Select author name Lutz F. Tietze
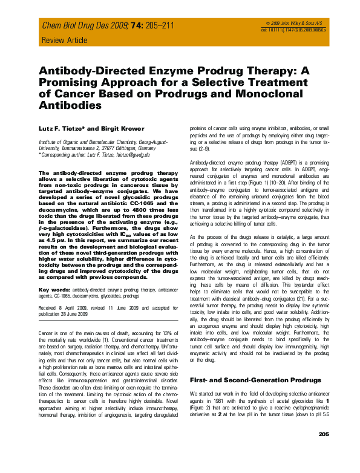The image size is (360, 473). tap(64, 128)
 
